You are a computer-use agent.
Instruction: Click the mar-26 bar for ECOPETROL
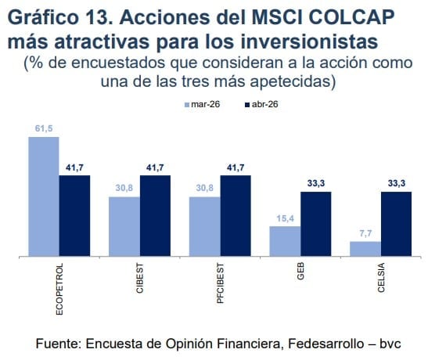[44, 196]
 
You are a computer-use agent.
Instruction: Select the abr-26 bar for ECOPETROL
[74, 216]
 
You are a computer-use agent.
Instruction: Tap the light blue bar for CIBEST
[124, 226]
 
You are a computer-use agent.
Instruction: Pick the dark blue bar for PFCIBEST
[235, 216]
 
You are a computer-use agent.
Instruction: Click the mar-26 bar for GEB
[285, 241]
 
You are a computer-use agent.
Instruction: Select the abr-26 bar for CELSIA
[396, 224]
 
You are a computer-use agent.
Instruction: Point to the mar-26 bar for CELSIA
[365, 249]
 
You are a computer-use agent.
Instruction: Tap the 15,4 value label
[285, 219]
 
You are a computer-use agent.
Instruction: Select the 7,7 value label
[365, 234]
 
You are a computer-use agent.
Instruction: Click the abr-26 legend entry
[261, 104]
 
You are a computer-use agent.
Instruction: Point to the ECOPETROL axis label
[60, 289]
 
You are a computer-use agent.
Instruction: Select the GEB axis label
[301, 274]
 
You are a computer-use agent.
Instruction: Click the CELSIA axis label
[382, 279]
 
